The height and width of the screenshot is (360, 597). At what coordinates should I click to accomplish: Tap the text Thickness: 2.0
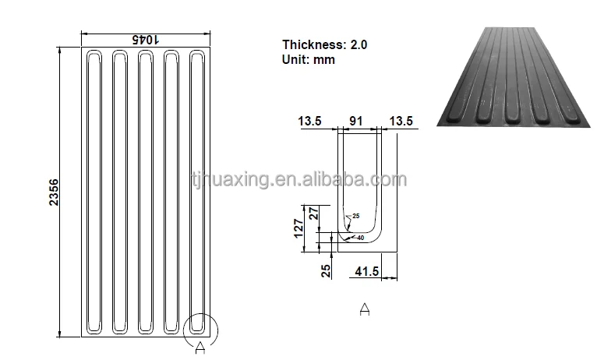coord(324,45)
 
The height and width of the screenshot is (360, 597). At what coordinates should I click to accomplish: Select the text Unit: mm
coord(309,59)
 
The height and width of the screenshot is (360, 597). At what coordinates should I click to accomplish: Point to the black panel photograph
coord(510,78)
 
